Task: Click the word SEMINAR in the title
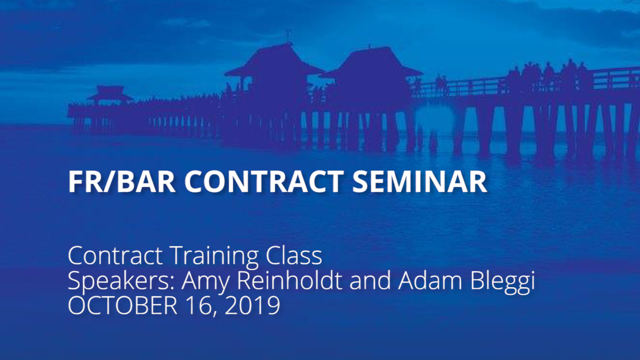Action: tap(419, 182)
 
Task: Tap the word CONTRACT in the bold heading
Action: tap(264, 182)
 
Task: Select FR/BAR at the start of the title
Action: tap(122, 182)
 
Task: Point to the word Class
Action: tap(294, 255)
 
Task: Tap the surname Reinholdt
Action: tap(289, 280)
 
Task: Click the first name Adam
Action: tap(430, 280)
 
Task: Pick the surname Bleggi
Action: tap(502, 281)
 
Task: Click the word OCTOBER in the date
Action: tap(122, 305)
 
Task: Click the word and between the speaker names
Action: tap(370, 280)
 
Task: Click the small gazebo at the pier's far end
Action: tap(109, 95)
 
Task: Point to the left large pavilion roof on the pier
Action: tap(275, 59)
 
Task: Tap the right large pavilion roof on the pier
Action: tap(371, 61)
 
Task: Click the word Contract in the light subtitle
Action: tap(115, 255)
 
